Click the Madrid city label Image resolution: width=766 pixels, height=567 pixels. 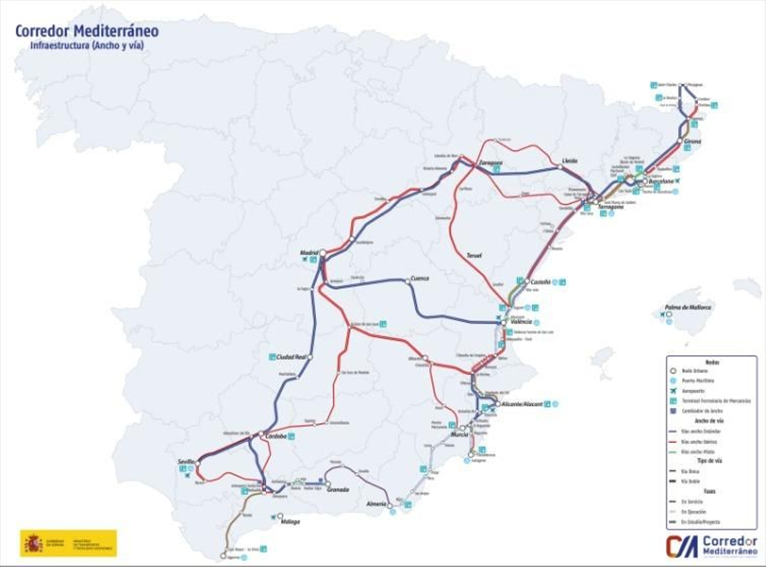click(x=309, y=252)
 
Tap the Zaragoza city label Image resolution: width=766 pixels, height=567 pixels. click(x=491, y=162)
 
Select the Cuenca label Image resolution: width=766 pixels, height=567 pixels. click(x=420, y=278)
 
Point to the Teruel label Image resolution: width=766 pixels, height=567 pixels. click(x=473, y=255)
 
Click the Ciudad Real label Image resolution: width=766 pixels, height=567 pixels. click(x=291, y=357)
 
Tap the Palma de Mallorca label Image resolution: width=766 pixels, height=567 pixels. click(x=687, y=307)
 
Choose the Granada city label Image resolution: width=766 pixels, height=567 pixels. click(x=338, y=489)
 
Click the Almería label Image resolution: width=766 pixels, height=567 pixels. click(x=376, y=504)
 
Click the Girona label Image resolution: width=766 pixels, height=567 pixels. click(x=693, y=142)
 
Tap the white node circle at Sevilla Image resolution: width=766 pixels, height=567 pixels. click(x=197, y=463)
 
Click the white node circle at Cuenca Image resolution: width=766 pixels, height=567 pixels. click(x=408, y=282)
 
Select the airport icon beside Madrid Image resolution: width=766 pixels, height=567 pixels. click(x=304, y=260)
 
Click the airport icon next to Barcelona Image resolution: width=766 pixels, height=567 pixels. click(x=678, y=181)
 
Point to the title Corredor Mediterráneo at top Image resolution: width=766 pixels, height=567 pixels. click(x=87, y=31)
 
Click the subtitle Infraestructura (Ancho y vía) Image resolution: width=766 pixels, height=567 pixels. click(x=87, y=46)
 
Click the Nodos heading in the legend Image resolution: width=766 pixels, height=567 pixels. click(x=711, y=363)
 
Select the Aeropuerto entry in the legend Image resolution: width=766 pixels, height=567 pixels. click(x=693, y=391)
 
